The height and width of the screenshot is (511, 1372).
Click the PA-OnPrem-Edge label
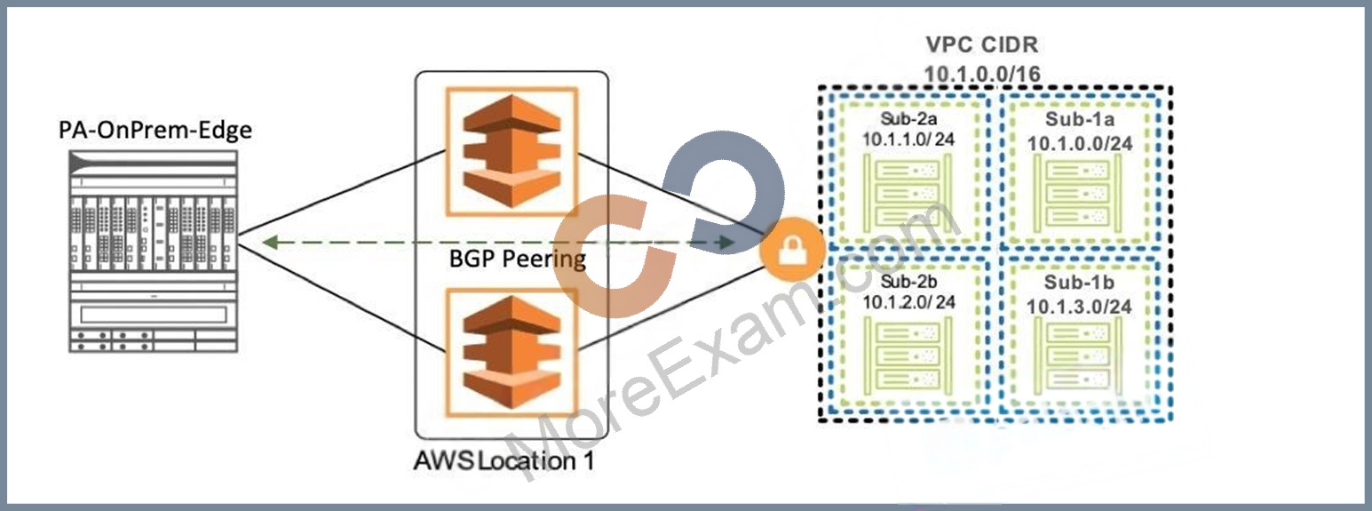pos(155,131)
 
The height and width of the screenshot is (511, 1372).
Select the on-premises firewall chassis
pos(153,252)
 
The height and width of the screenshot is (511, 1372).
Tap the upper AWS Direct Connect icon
pos(512,152)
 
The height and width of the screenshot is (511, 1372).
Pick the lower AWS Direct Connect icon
pos(512,351)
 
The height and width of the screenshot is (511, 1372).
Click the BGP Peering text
pos(518,259)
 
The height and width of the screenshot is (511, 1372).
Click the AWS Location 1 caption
pos(504,460)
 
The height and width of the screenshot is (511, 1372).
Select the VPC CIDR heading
pos(982,44)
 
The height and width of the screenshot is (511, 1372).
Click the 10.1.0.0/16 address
pos(982,74)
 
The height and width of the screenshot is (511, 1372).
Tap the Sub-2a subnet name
pos(909,117)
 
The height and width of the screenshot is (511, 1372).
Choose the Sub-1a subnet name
pos(1080,119)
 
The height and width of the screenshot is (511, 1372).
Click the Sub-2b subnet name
pos(909,281)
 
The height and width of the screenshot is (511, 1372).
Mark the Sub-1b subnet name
pos(1079,283)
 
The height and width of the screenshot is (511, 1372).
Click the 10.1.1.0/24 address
pos(909,140)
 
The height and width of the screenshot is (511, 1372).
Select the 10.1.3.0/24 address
pos(1079,307)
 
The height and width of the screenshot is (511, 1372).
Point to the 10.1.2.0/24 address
pos(909,302)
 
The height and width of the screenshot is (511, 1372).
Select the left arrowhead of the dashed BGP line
pos(268,243)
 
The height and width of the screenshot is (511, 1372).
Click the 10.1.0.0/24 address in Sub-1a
pos(1080,143)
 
